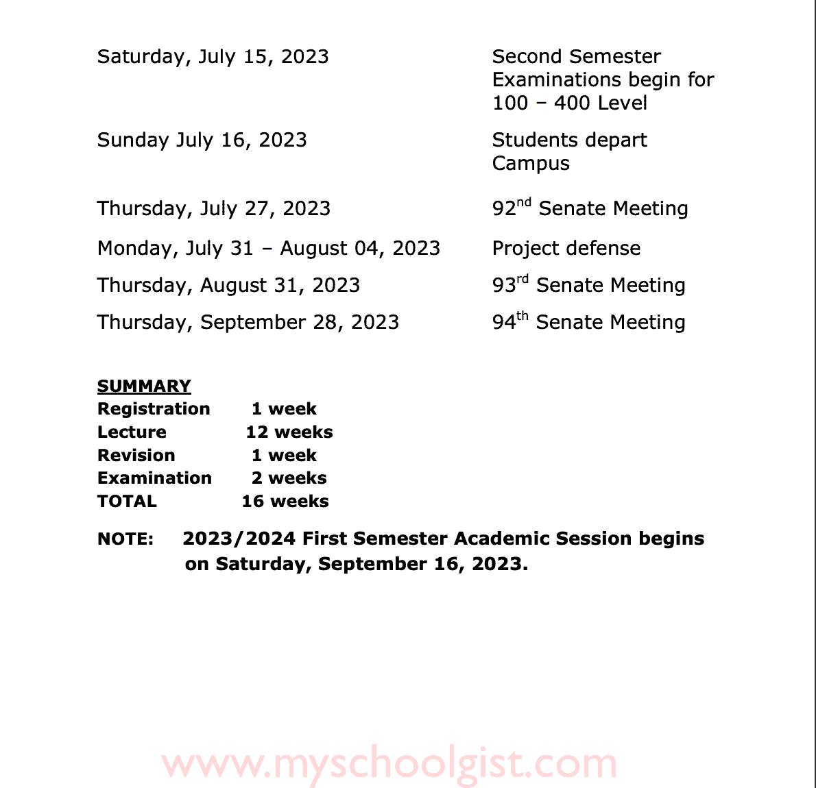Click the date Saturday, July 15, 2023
pyautogui.click(x=213, y=57)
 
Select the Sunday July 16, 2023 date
pyautogui.click(x=202, y=140)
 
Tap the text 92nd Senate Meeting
pyautogui.click(x=590, y=208)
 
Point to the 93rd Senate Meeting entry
pyautogui.click(x=588, y=285)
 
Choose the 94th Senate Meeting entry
pyautogui.click(x=588, y=322)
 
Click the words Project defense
pyautogui.click(x=566, y=248)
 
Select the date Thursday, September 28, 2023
pyautogui.click(x=248, y=322)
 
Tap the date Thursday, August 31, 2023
pyautogui.click(x=228, y=285)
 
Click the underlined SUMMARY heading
pyautogui.click(x=144, y=386)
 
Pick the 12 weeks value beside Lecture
pyautogui.click(x=289, y=432)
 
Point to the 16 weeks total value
pyautogui.click(x=285, y=502)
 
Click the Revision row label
pyautogui.click(x=136, y=456)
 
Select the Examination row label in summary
pyautogui.click(x=154, y=478)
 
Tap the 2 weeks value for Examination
pyautogui.click(x=289, y=478)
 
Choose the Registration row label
pyautogui.click(x=154, y=409)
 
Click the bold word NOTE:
pyautogui.click(x=125, y=539)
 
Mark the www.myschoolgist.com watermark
pyautogui.click(x=389, y=763)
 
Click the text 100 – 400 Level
pyautogui.click(x=569, y=103)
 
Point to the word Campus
pyautogui.click(x=531, y=164)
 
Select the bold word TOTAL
pyautogui.click(x=127, y=502)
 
